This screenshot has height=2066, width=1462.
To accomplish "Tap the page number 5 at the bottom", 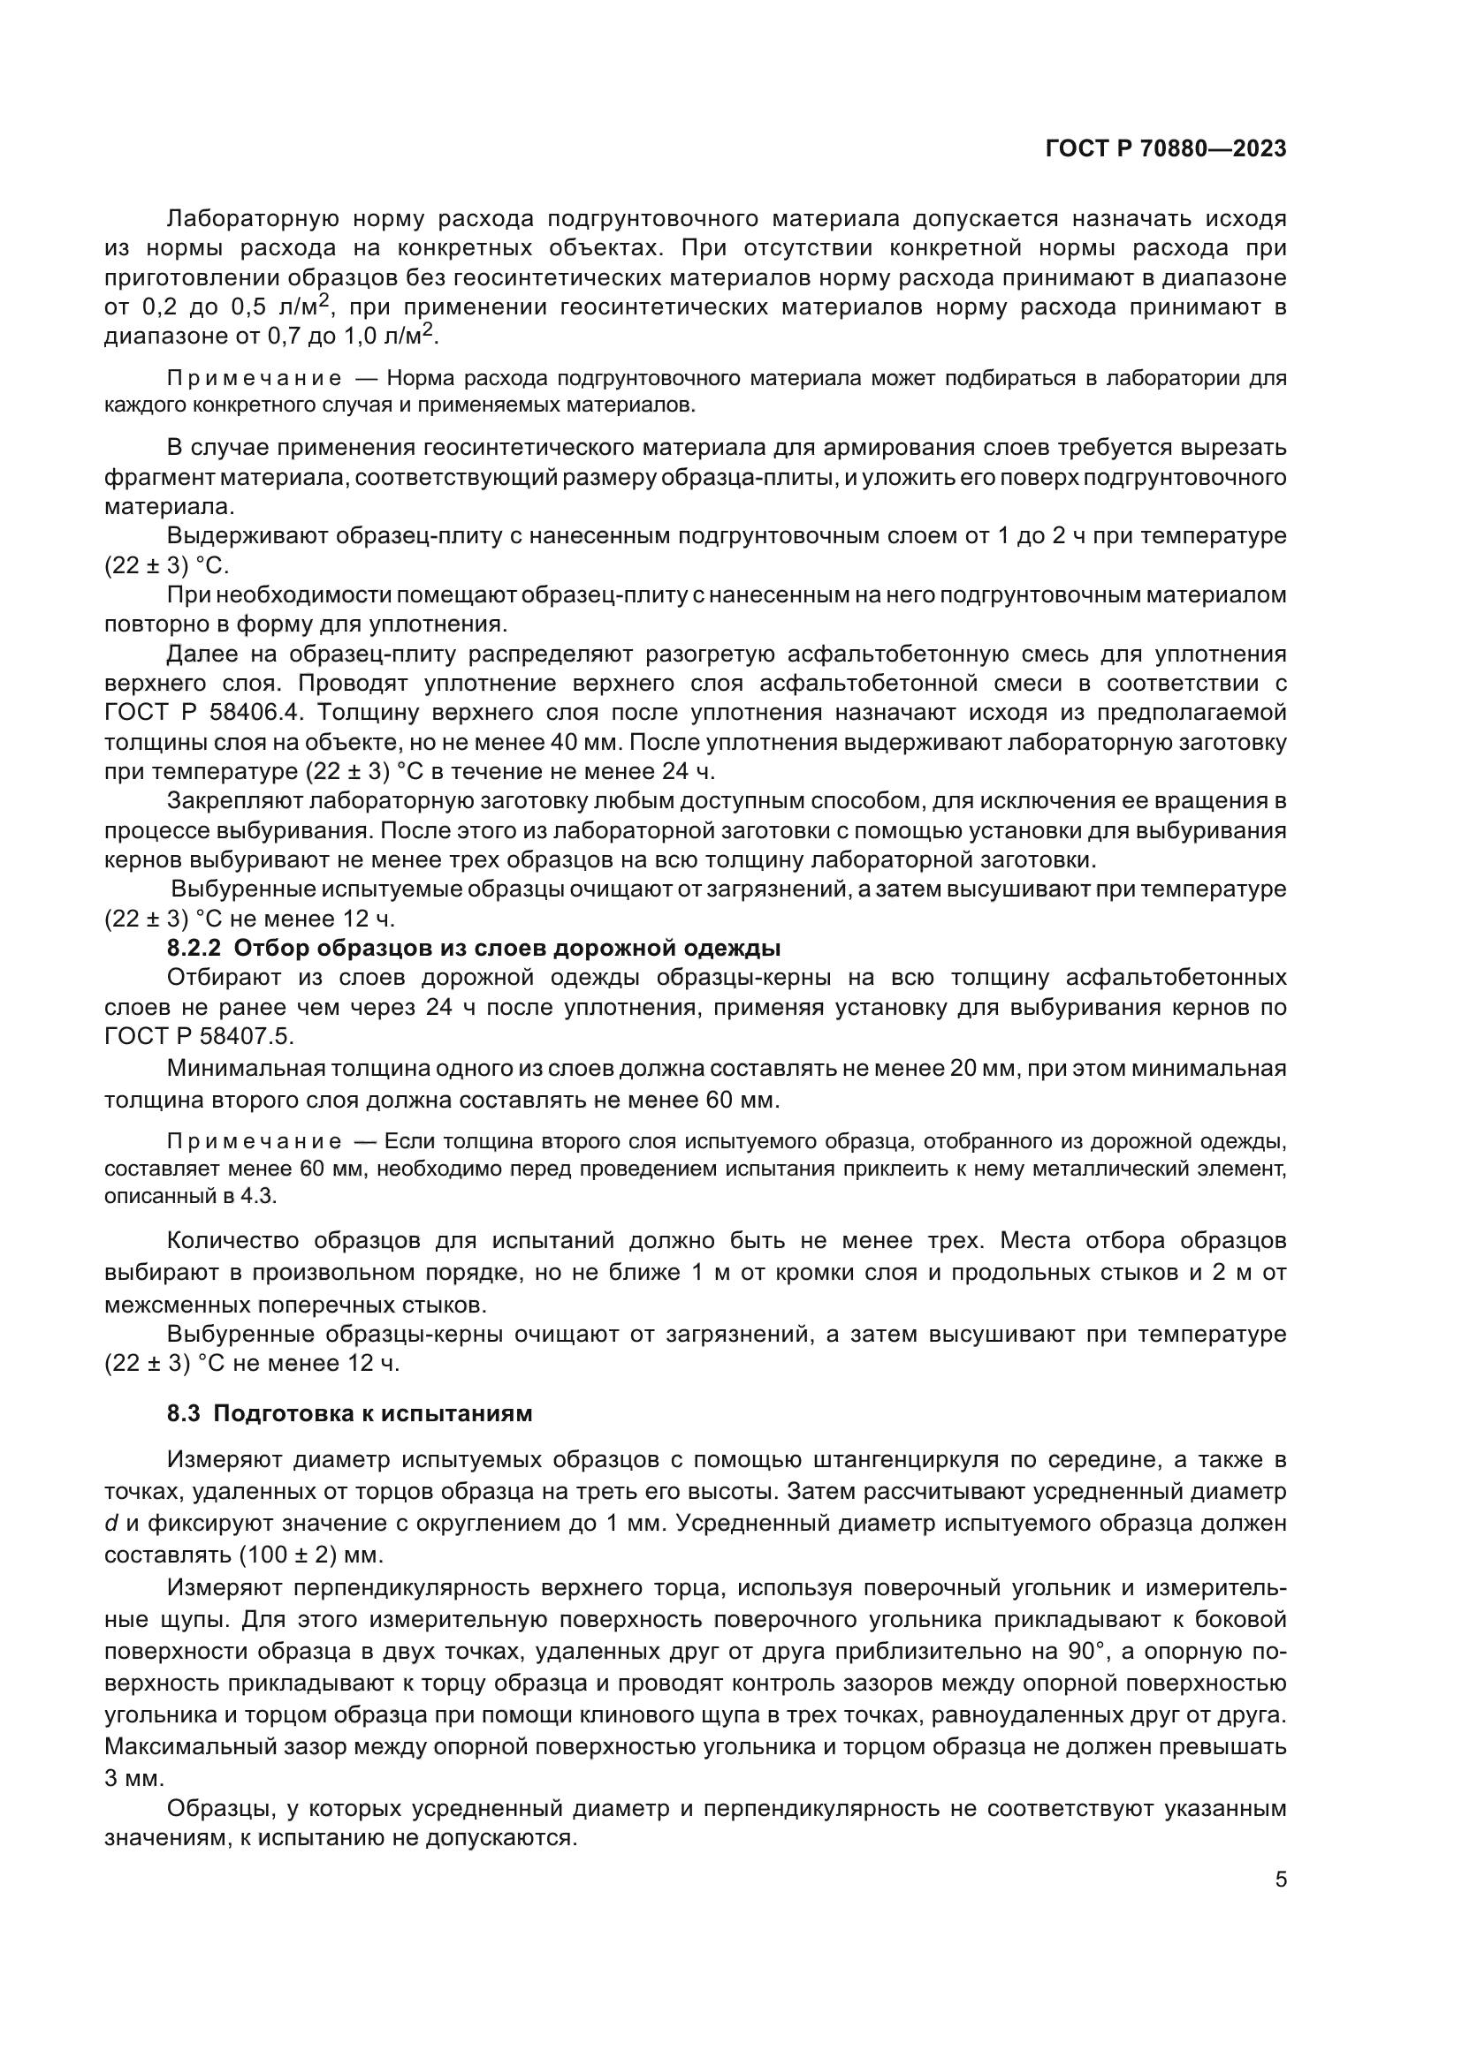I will tap(1280, 1880).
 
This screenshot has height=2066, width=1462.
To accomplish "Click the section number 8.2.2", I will tap(194, 949).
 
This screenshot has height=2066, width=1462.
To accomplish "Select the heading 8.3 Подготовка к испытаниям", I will tap(349, 1413).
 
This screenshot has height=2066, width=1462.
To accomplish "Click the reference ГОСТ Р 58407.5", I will tap(198, 1037).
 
